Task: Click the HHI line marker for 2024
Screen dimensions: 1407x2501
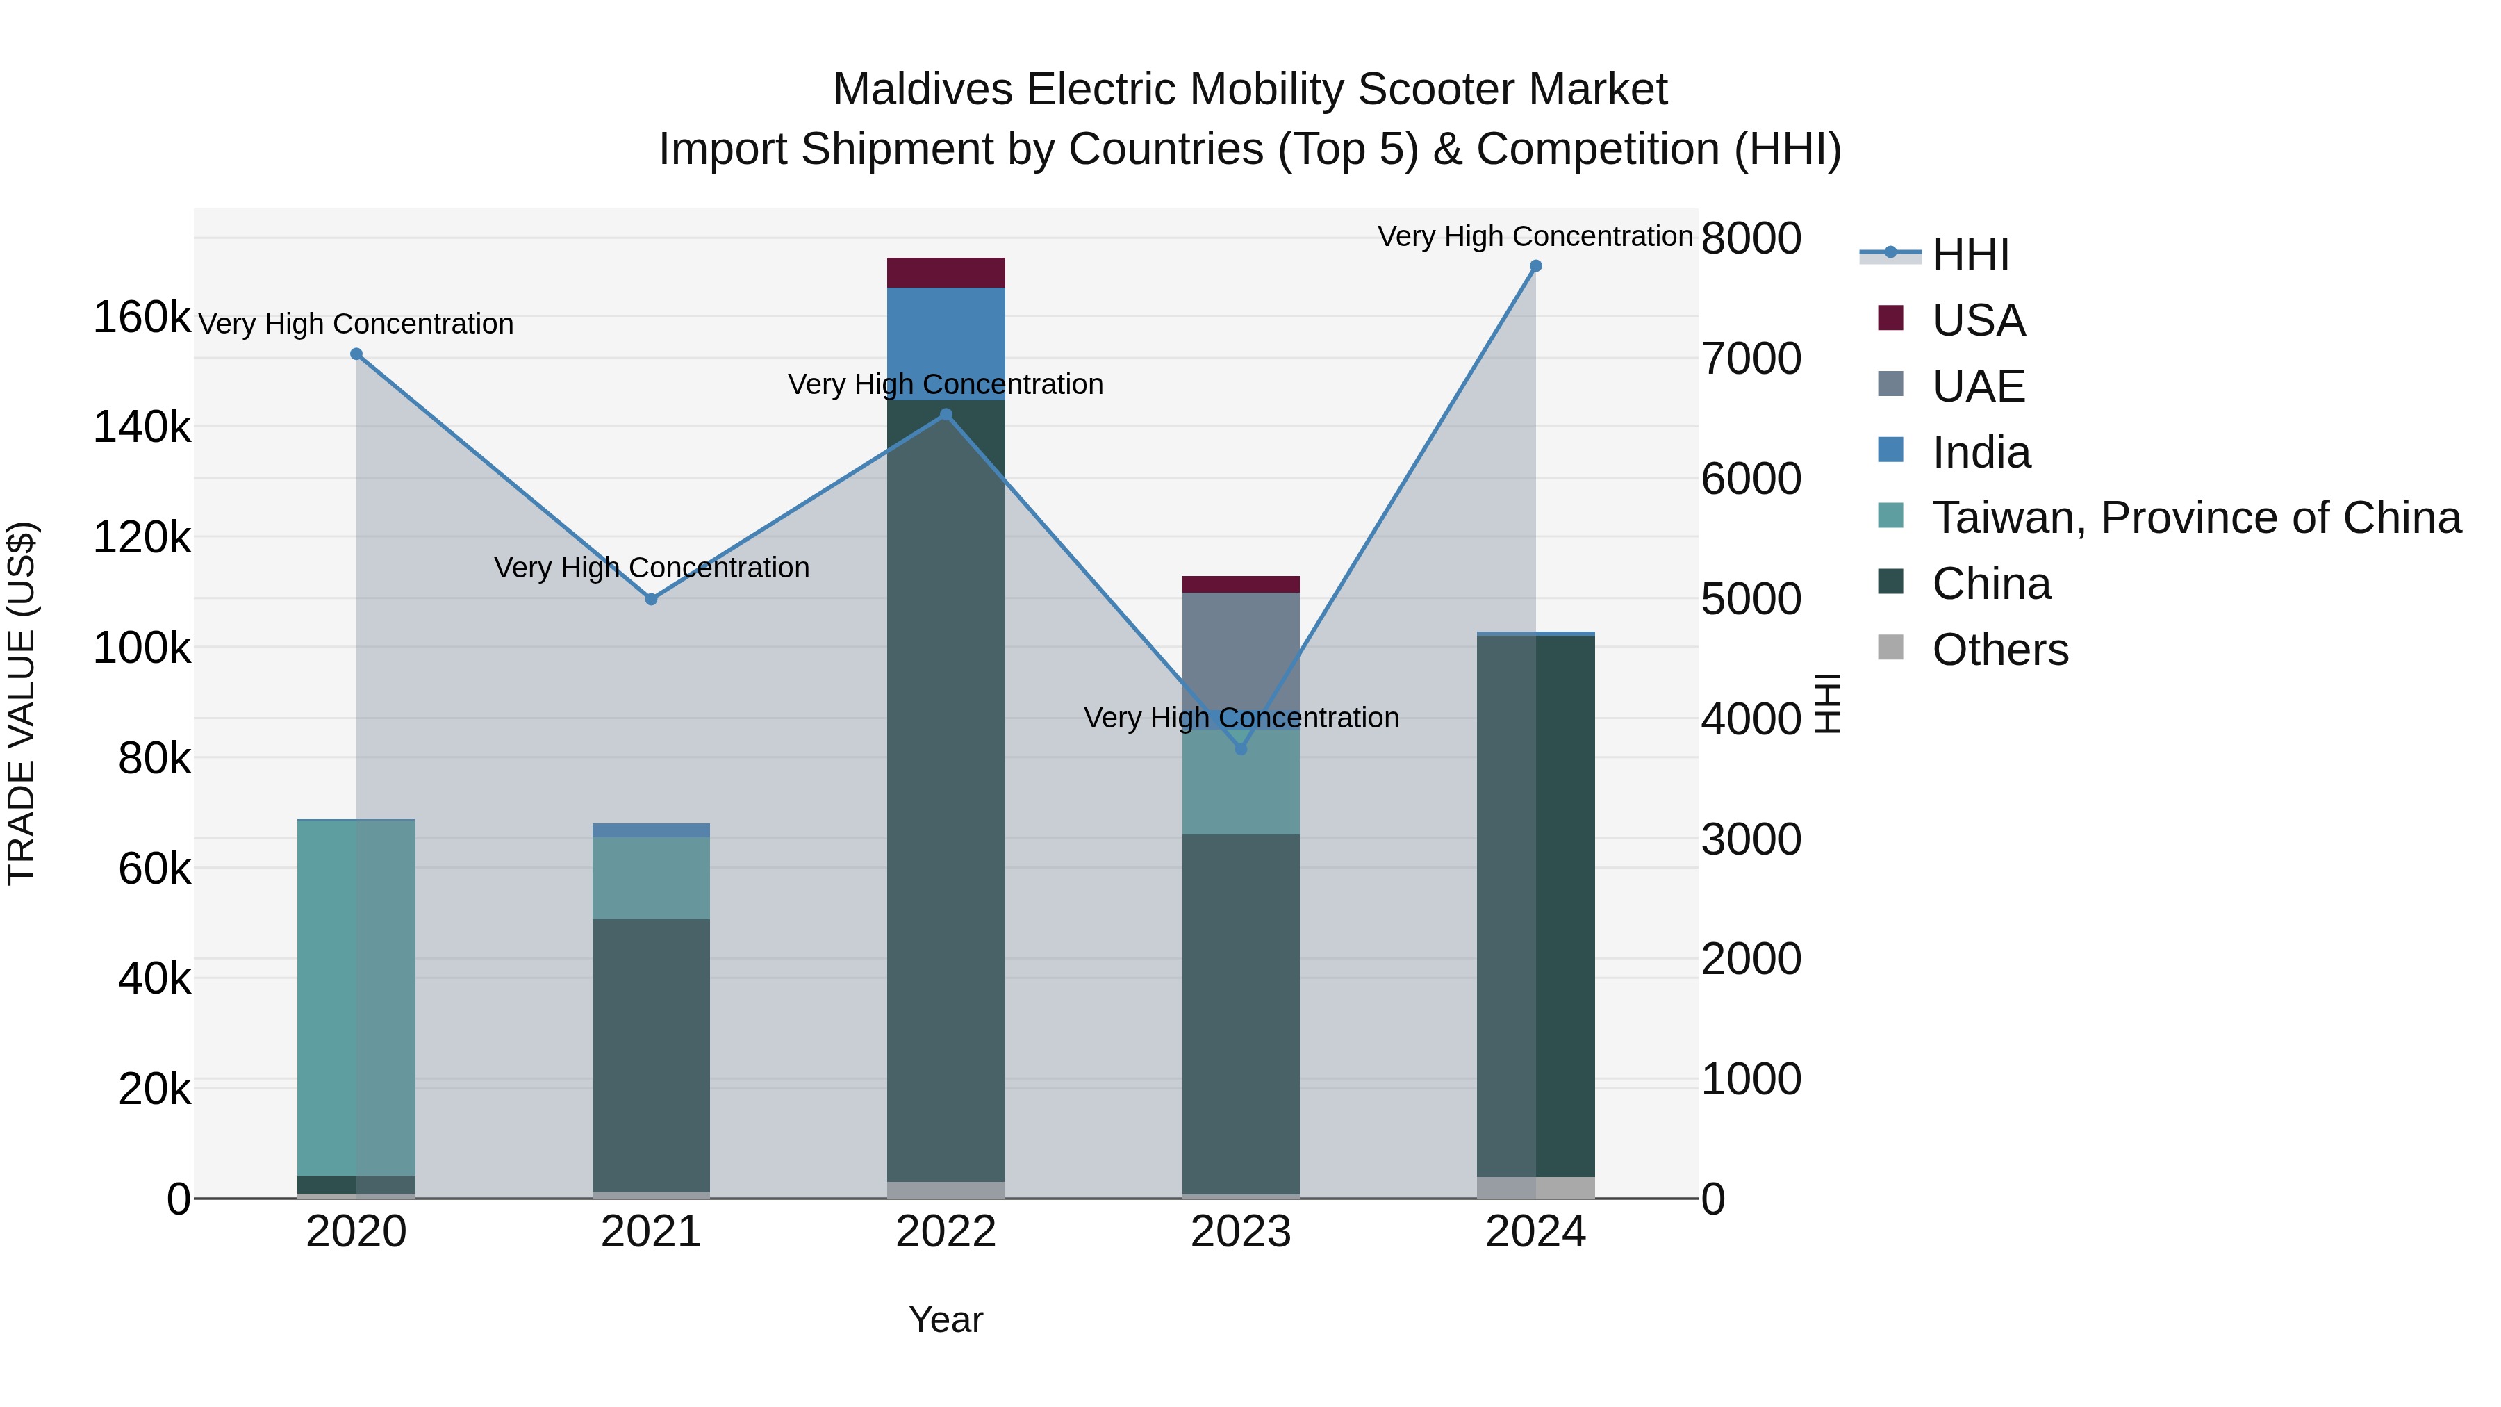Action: (1535, 266)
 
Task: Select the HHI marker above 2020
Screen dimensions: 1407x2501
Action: (356, 354)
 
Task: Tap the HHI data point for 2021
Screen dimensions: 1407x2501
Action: (652, 599)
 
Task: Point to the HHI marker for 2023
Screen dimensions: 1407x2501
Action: (1241, 748)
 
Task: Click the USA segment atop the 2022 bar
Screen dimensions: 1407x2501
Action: (946, 273)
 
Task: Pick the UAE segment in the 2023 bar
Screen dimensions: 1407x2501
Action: (1241, 650)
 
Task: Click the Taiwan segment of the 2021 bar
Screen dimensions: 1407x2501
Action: (652, 878)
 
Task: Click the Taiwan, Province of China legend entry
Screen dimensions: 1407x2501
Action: (2194, 518)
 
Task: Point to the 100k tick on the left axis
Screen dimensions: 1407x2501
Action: (142, 648)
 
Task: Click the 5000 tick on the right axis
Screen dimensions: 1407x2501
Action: (1751, 599)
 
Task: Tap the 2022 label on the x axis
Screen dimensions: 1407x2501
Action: (946, 1232)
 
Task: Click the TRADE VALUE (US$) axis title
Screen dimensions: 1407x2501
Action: (22, 703)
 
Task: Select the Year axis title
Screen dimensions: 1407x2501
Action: (946, 1319)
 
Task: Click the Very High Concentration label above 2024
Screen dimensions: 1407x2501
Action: (1534, 236)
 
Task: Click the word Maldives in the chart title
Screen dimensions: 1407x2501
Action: (923, 90)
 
